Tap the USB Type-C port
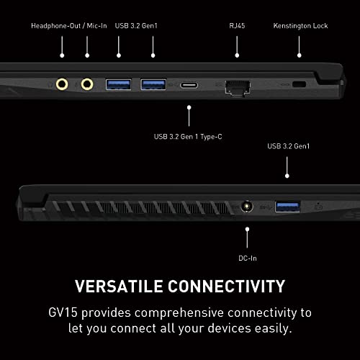pos(189,85)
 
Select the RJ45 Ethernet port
pos(238,88)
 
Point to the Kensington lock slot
pos(299,84)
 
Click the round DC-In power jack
pos(247,206)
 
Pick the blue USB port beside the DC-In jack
pos(287,207)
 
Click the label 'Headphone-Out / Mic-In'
pos(69,26)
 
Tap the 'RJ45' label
pos(237,26)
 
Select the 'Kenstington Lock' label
pos(300,26)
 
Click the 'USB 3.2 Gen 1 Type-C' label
pos(188,137)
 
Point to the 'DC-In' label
pos(248,258)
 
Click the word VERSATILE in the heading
pos(119,287)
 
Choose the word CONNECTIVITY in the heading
pos(226,287)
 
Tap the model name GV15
pos(63,312)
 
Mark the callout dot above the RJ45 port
pos(237,55)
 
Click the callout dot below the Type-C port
pos(189,107)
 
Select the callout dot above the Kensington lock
pos(299,55)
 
